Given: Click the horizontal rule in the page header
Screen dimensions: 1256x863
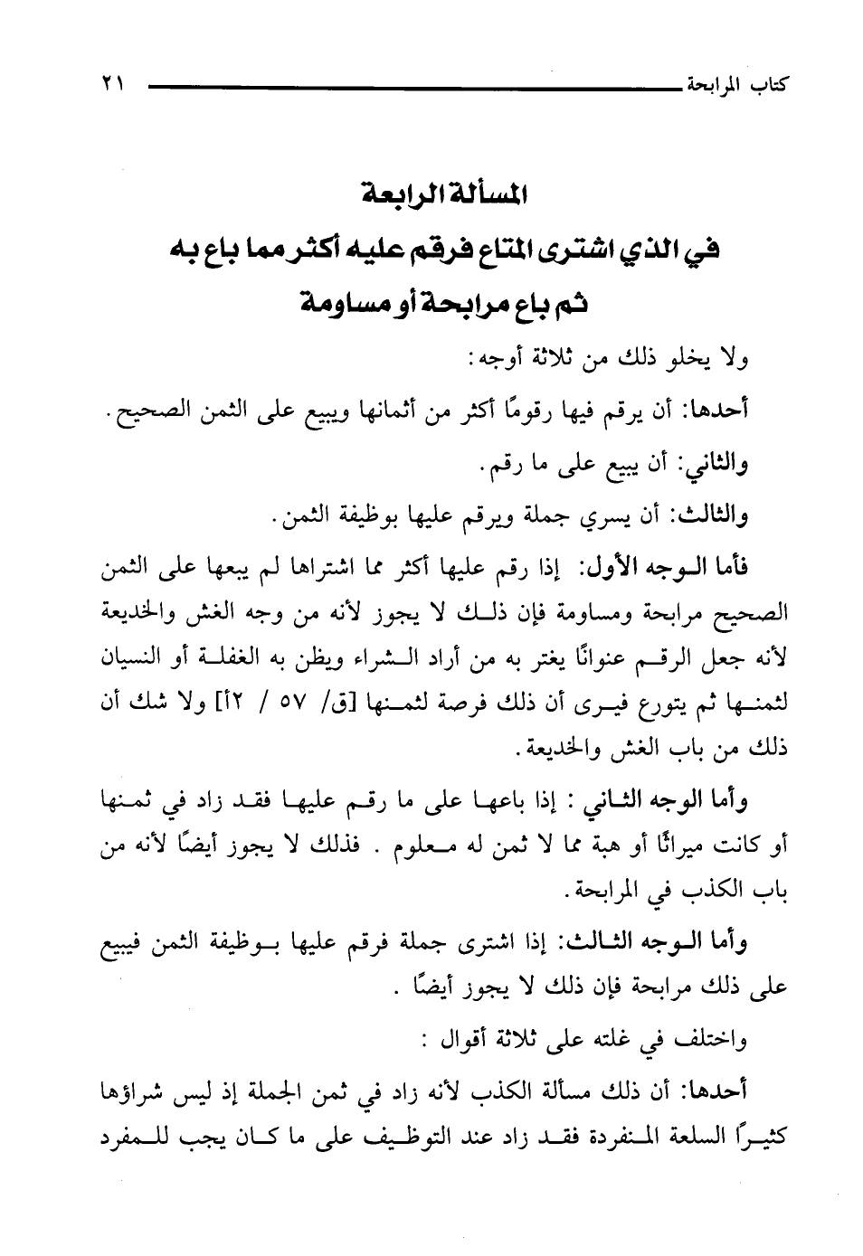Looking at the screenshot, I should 407,88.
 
